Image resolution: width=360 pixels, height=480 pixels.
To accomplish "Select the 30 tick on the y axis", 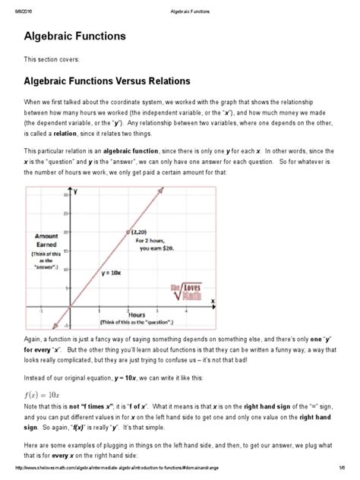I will [x=66, y=196].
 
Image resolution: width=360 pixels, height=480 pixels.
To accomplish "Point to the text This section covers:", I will [x=46, y=58].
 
